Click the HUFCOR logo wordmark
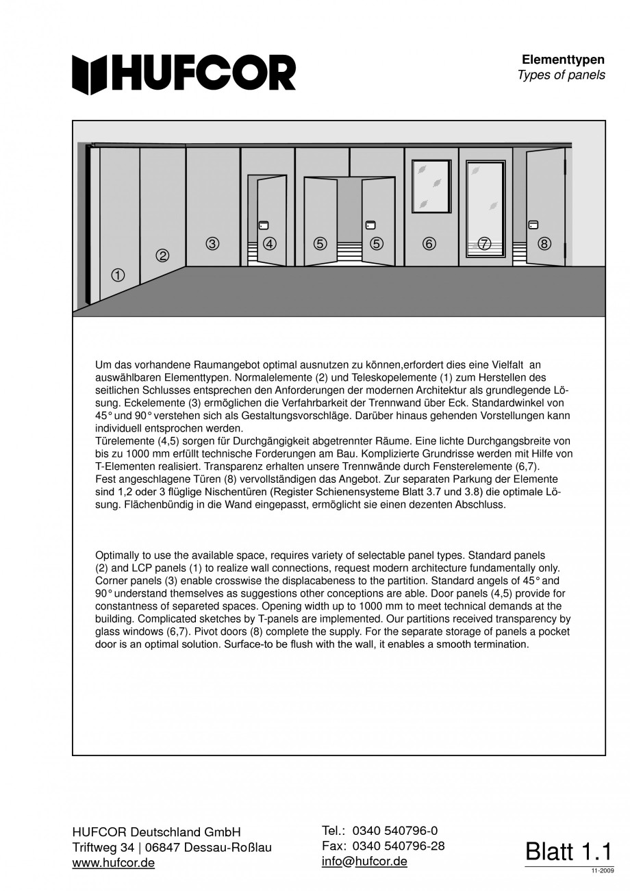[x=185, y=73]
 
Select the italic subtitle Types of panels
[x=562, y=75]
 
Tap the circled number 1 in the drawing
[x=118, y=275]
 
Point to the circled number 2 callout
[x=162, y=255]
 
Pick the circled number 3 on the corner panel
[x=212, y=243]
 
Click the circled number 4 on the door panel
[x=270, y=243]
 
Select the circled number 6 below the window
[x=429, y=243]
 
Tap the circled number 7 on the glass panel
[x=485, y=243]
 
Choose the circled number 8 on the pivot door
[x=544, y=243]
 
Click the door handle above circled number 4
[x=264, y=225]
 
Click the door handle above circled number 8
[x=533, y=224]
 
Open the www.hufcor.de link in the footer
[x=113, y=863]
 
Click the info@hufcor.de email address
[x=364, y=862]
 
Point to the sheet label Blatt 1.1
[x=567, y=851]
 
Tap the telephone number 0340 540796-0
[x=395, y=831]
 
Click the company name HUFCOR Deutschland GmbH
[x=156, y=832]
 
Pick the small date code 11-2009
[x=600, y=870]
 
